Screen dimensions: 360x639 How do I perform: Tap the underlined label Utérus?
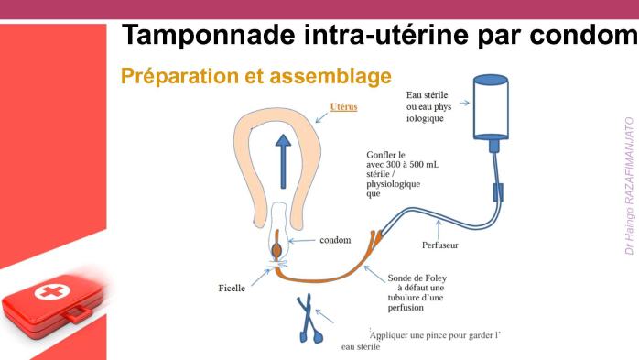(343, 107)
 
